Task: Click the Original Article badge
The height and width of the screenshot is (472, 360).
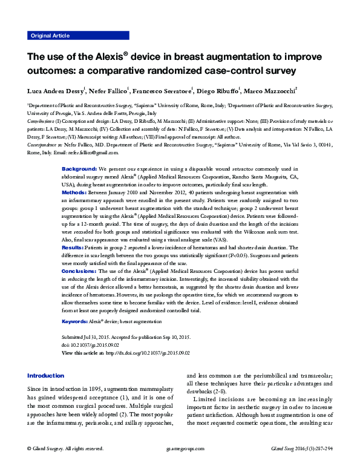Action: (50, 36)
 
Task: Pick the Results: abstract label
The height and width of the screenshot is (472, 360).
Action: (75, 247)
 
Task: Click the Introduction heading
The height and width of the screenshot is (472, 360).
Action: (45, 375)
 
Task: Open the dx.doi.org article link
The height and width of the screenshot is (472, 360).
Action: (148, 352)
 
